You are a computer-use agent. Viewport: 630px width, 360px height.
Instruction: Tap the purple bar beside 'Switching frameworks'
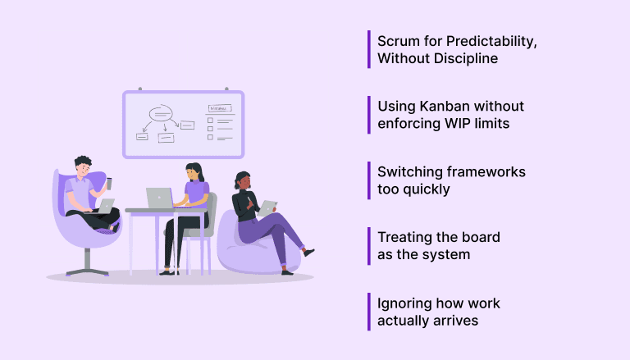click(369, 180)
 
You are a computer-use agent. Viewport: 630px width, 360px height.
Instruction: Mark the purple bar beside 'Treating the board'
click(369, 246)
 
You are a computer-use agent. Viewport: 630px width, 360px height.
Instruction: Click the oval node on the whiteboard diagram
click(159, 114)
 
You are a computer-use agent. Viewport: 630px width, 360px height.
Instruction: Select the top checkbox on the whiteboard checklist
click(210, 120)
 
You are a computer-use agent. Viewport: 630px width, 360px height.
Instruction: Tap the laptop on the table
click(159, 198)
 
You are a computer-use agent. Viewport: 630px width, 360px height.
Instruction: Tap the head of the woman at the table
click(193, 172)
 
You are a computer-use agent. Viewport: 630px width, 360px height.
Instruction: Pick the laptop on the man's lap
click(105, 206)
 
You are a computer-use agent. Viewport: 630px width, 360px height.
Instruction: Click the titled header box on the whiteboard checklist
click(218, 107)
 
